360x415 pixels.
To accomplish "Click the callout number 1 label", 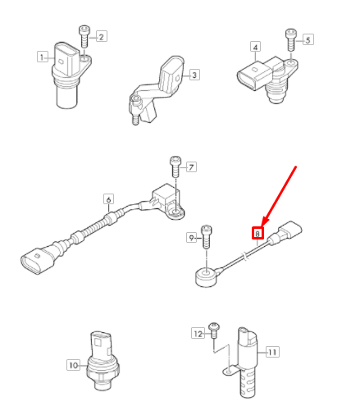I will (x=41, y=57).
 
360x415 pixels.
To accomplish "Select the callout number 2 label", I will (x=102, y=36).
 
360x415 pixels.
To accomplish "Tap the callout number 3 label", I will (x=194, y=75).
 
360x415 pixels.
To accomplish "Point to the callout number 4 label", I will (x=256, y=48).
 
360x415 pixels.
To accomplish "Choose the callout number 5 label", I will (x=308, y=39).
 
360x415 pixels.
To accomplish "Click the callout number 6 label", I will (x=107, y=199).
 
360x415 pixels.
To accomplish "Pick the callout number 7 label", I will (x=191, y=167).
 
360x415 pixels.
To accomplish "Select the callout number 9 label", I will (x=192, y=238).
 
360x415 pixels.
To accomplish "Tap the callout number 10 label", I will (x=73, y=365).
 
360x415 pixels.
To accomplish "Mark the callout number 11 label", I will (x=272, y=352).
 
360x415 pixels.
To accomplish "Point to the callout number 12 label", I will (x=197, y=333).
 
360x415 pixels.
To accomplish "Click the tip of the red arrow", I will (x=262, y=226).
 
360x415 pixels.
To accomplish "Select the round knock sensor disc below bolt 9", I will (x=206, y=276).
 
